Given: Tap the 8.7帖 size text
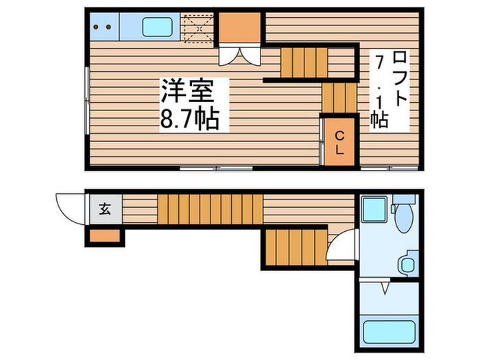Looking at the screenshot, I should click(x=190, y=120).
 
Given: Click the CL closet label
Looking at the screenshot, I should click(x=340, y=143).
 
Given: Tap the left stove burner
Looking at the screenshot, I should click(x=97, y=27).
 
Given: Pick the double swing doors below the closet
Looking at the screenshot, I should click(x=240, y=55).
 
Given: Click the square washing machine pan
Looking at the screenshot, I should click(x=375, y=209).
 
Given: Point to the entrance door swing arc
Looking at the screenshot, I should click(x=70, y=206).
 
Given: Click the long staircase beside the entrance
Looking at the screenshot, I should click(x=210, y=208).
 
